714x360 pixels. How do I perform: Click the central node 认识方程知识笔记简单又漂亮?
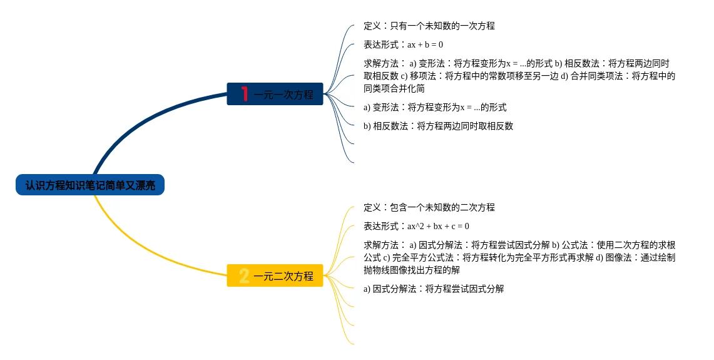90,185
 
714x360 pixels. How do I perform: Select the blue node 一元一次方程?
283,95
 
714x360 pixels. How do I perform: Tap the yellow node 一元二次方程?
283,276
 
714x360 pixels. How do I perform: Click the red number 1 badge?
245,94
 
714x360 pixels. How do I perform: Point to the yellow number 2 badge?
244,275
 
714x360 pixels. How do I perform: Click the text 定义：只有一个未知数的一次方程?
429,26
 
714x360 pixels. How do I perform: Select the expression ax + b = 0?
425,44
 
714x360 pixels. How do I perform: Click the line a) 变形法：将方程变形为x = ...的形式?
435,107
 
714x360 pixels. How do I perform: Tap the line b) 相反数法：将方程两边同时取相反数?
438,126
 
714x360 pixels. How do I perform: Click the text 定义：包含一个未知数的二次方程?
429,207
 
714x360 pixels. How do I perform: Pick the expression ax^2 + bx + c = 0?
438,226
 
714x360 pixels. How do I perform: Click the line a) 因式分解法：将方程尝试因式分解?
434,289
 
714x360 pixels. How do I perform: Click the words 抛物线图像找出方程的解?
412,270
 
